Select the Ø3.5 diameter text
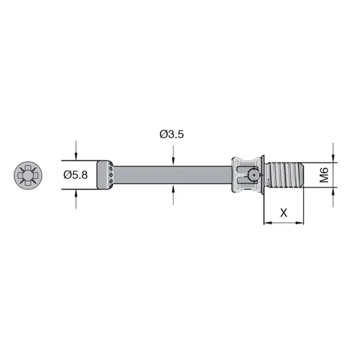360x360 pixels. [172, 134]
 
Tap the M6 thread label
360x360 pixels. [324, 175]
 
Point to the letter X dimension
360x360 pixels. [284, 213]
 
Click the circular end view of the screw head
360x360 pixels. [28, 175]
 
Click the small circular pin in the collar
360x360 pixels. [255, 176]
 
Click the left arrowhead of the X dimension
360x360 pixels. [267, 222]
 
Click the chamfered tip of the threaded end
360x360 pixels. [304, 174]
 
